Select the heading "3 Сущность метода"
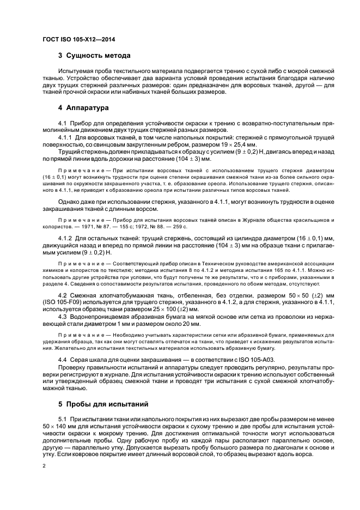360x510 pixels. point(94,56)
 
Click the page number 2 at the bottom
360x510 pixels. point(44,466)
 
